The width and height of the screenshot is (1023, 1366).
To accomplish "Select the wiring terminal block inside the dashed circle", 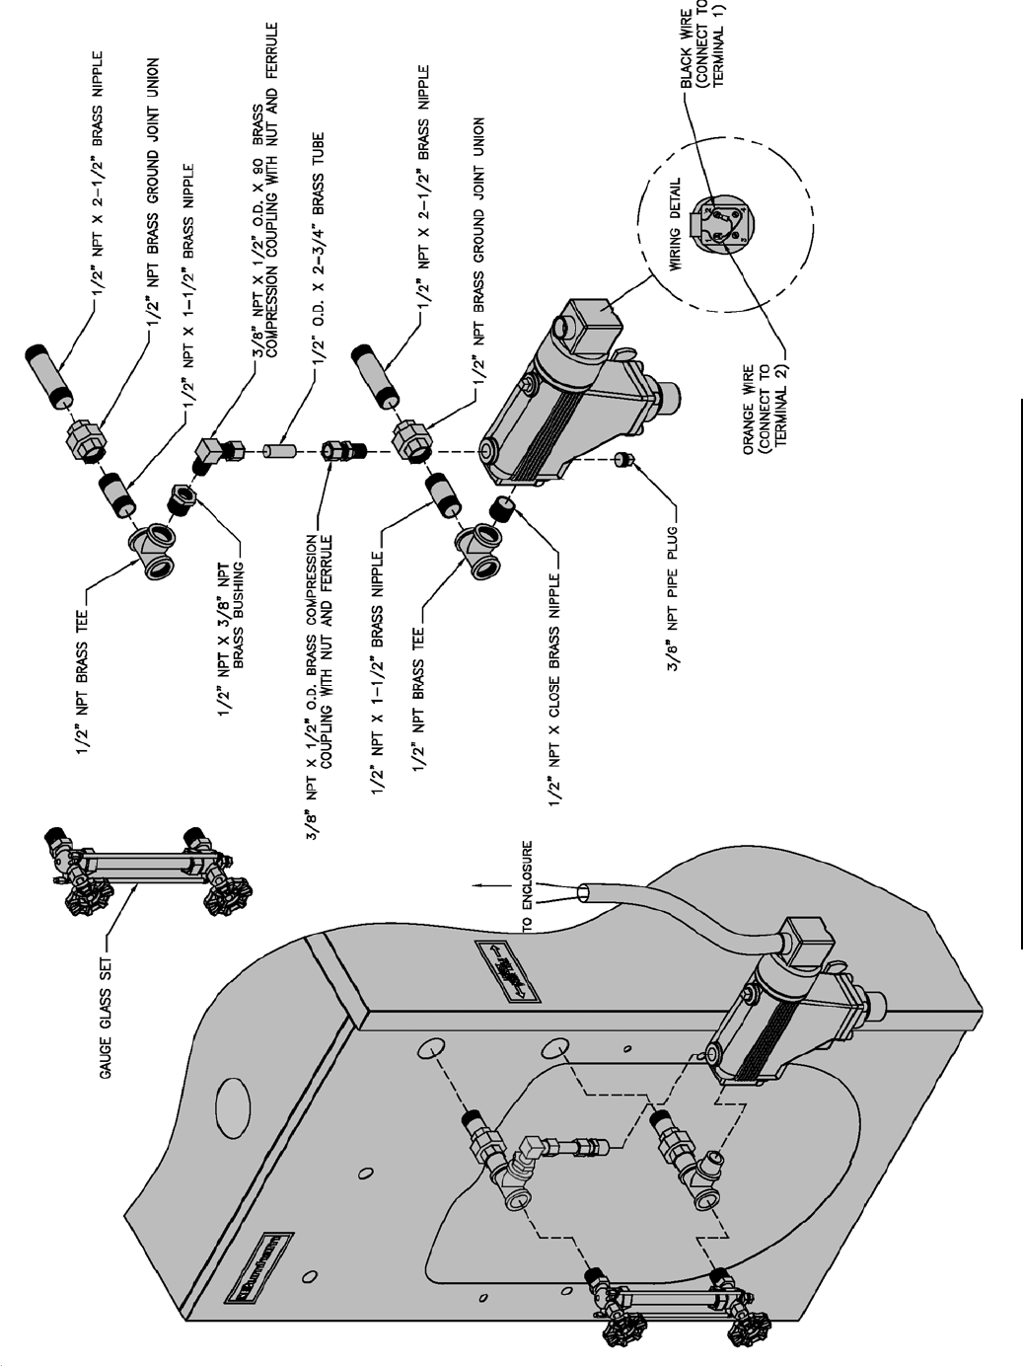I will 719,223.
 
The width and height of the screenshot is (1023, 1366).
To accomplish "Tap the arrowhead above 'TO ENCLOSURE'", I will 476,885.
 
